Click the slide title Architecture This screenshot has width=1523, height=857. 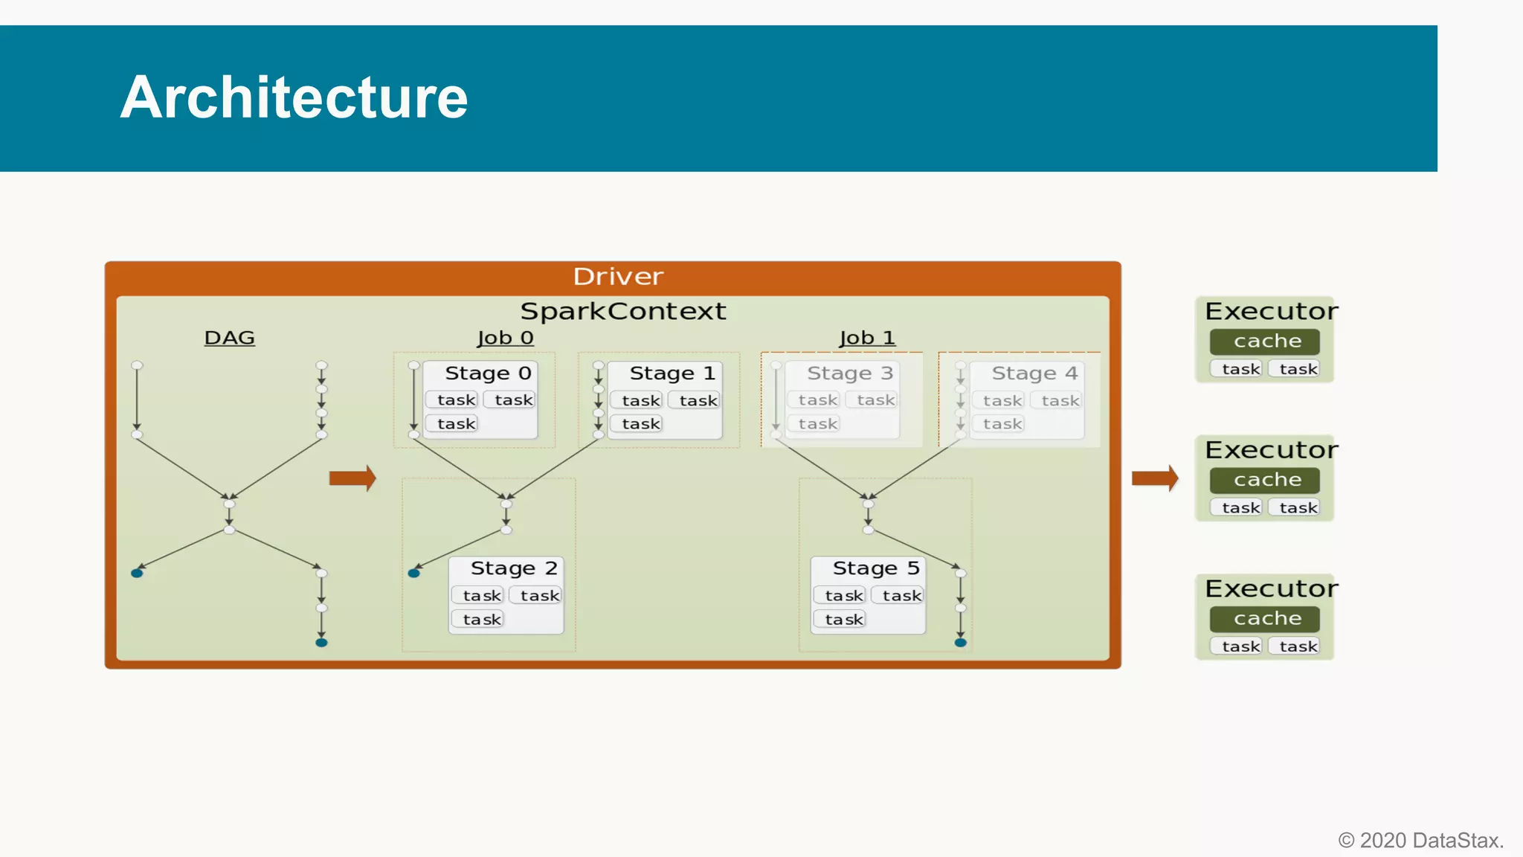point(294,97)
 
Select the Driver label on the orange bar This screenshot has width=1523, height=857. point(617,277)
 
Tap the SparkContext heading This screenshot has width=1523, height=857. point(622,311)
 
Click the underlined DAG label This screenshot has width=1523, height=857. point(229,338)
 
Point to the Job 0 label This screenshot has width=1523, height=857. point(505,338)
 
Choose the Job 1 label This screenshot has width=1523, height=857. point(867,338)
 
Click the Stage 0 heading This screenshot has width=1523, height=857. point(488,373)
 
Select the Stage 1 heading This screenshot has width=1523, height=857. point(672,373)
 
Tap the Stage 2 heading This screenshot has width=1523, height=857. point(513,568)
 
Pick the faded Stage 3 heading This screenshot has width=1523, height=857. point(849,373)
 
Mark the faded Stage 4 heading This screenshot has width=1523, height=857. point(1034,373)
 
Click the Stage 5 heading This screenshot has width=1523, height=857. point(875,568)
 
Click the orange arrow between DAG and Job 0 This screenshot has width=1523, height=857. point(352,478)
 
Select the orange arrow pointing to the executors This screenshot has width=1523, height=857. point(1155,478)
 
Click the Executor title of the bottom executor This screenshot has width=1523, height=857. point(1270,588)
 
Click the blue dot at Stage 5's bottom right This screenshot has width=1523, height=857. point(961,642)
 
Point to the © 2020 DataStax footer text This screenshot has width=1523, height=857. point(1420,840)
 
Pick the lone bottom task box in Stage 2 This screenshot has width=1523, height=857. point(481,619)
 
